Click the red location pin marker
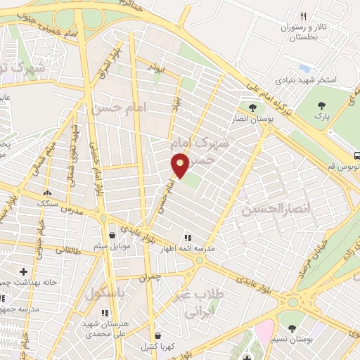click(x=179, y=166)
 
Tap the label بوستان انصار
click(x=255, y=120)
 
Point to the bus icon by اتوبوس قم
click(x=356, y=155)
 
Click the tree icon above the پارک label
click(x=321, y=104)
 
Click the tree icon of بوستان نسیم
click(x=292, y=328)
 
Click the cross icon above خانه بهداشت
click(x=25, y=271)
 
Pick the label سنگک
click(x=48, y=202)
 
